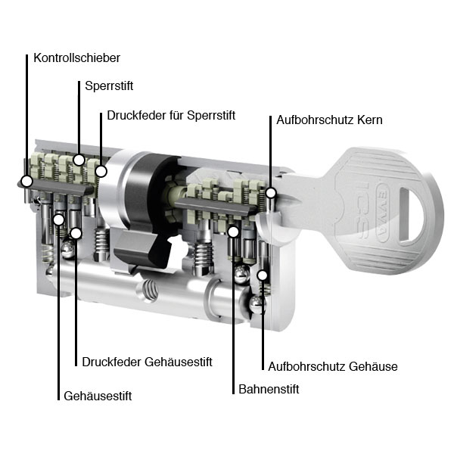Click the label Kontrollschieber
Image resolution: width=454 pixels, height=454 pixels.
click(x=76, y=58)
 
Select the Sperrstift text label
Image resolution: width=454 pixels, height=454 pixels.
click(x=109, y=86)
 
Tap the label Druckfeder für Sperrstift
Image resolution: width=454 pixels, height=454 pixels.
click(x=171, y=115)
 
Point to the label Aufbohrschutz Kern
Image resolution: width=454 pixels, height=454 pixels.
click(x=329, y=120)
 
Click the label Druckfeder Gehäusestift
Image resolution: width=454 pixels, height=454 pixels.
click(x=147, y=362)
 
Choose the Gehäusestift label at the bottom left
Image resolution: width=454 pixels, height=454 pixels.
click(x=98, y=396)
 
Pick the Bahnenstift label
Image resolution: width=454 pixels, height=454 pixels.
click(x=269, y=389)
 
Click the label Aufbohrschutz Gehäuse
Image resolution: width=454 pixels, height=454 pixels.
click(x=333, y=366)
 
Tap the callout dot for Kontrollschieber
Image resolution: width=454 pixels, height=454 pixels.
click(x=27, y=182)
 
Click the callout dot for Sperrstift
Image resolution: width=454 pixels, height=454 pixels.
click(x=79, y=160)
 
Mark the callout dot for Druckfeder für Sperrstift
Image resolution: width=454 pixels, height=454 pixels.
click(x=101, y=171)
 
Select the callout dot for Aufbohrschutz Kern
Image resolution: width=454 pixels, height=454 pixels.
click(x=271, y=192)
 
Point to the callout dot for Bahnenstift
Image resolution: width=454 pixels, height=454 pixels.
click(x=233, y=232)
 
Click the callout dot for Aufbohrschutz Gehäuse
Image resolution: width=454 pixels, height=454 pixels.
click(x=263, y=275)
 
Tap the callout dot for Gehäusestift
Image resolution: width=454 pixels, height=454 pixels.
click(x=59, y=219)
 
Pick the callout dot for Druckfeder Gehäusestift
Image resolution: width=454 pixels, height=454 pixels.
click(x=76, y=233)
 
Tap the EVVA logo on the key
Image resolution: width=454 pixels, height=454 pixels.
click(x=383, y=213)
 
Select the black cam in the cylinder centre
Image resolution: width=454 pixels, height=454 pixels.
click(x=148, y=209)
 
